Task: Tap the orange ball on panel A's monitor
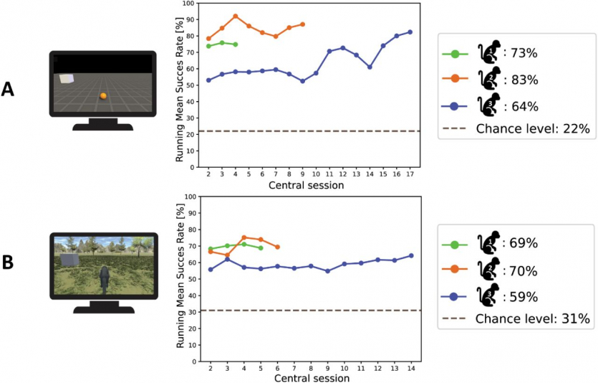(x=103, y=96)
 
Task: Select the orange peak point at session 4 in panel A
(x=236, y=16)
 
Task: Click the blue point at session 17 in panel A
(x=410, y=32)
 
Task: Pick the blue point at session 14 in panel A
(x=370, y=67)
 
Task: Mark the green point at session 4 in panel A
(x=236, y=44)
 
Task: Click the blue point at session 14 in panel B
(x=411, y=255)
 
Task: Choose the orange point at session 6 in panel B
(x=277, y=247)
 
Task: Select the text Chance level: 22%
(x=532, y=128)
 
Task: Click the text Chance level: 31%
(x=532, y=318)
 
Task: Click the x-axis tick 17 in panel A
(x=410, y=174)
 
